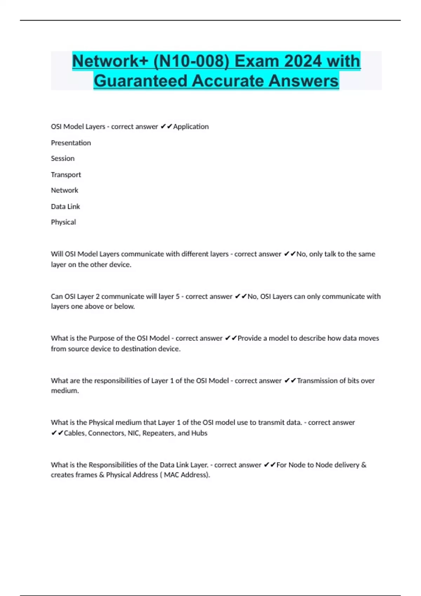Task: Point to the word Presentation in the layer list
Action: pyautogui.click(x=71, y=143)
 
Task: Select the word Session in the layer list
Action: pyautogui.click(x=63, y=158)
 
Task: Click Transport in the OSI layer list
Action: pyautogui.click(x=66, y=175)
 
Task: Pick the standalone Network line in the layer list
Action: pyautogui.click(x=65, y=190)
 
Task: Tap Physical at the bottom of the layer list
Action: pyautogui.click(x=64, y=222)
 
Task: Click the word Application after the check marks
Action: pyautogui.click(x=191, y=127)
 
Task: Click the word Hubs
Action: pyautogui.click(x=199, y=433)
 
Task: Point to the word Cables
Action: pyautogui.click(x=75, y=433)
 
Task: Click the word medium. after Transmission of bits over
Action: pyautogui.click(x=65, y=391)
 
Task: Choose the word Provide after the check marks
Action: pyautogui.click(x=249, y=338)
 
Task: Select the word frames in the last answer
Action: pyautogui.click(x=86, y=475)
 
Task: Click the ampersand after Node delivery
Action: pyautogui.click(x=364, y=465)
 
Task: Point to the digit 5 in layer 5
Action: pyautogui.click(x=178, y=297)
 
